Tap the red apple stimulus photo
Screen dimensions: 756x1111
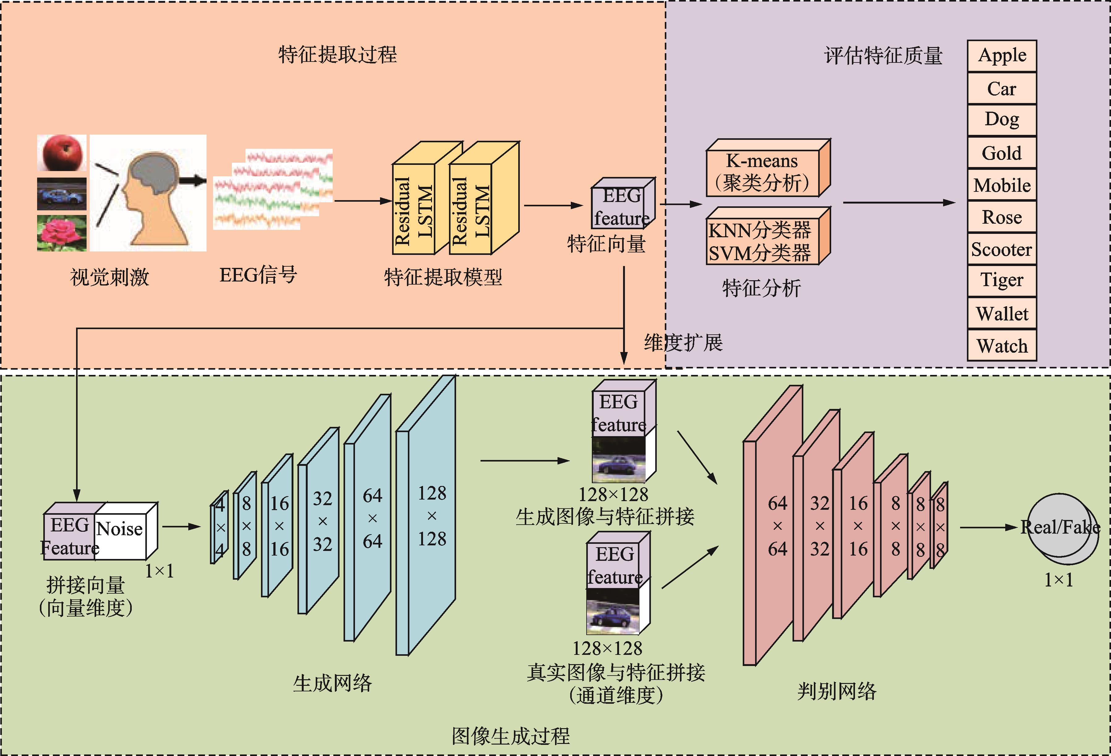tap(62, 152)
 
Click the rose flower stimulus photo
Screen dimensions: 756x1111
tap(62, 233)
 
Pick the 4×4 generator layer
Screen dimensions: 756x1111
tap(220, 527)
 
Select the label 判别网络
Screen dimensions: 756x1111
tap(837, 691)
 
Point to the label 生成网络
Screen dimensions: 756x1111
tap(332, 683)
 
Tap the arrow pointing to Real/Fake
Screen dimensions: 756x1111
tap(988, 527)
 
